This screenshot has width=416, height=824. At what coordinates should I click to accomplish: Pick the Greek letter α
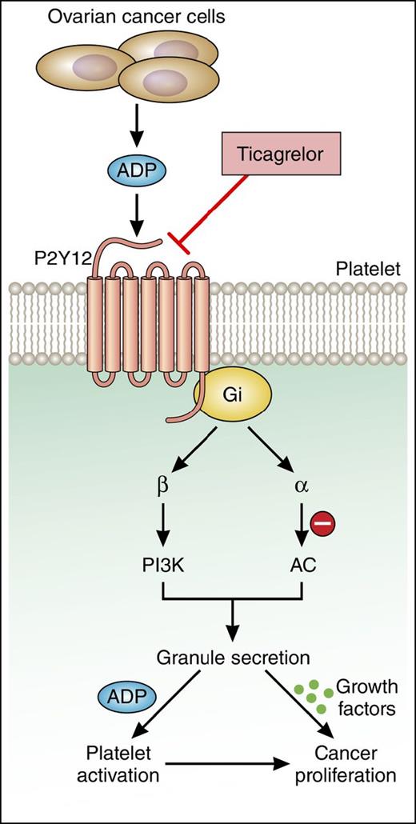[302, 488]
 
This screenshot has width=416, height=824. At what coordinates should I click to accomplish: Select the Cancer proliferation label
[344, 764]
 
